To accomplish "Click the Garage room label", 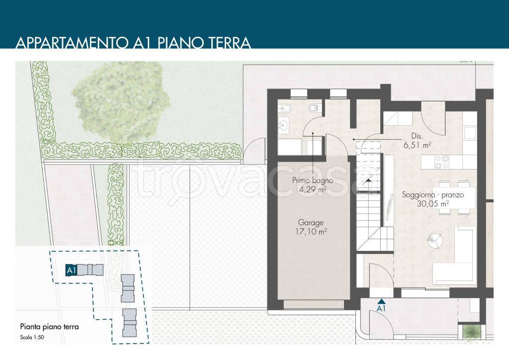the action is point(311,223).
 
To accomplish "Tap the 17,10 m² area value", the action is point(311,232).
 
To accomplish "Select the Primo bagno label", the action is point(312,180).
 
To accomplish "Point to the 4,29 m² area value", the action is point(312,189).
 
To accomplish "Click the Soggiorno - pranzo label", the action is point(433,195).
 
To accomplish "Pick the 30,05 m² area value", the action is point(433,203).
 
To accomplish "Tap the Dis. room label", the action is point(417,136).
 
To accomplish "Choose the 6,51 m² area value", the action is point(417,145).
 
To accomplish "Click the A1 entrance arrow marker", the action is point(381,301).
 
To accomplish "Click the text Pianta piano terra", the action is point(49,327).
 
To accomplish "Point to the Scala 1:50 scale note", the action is point(32,337).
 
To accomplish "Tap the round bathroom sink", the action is point(284,124).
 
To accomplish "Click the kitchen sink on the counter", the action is point(469,133).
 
